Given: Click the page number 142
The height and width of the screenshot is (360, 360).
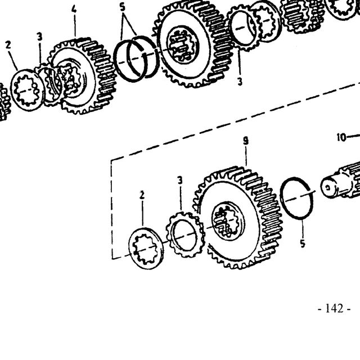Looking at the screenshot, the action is click(334, 309).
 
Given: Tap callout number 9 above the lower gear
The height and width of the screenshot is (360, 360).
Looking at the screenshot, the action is click(246, 141).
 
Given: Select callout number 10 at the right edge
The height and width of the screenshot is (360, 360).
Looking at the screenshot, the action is click(341, 137).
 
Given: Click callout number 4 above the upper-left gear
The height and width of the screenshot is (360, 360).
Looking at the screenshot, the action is click(74, 9).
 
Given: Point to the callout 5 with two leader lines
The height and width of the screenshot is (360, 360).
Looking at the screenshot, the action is click(123, 7).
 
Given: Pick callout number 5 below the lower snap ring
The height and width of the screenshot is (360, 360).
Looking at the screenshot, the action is click(303, 244).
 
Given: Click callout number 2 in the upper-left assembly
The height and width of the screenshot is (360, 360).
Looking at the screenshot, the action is click(8, 45).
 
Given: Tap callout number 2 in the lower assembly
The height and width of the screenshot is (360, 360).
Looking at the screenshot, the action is click(142, 195).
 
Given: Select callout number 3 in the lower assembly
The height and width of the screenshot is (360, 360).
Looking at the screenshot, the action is click(180, 180).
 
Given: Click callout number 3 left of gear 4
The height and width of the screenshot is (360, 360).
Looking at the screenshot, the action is click(40, 37).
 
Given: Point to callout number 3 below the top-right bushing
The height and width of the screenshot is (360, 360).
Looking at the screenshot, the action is click(240, 82).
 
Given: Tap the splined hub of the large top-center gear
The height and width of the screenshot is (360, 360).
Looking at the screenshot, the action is click(182, 47).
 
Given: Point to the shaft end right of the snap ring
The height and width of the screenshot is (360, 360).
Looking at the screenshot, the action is click(340, 181).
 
